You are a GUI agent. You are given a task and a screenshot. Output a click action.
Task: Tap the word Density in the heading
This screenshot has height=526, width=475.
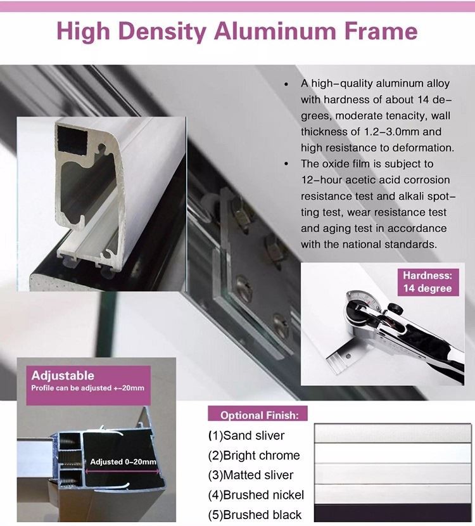162,32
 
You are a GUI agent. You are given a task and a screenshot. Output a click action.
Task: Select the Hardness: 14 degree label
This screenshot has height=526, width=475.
427,282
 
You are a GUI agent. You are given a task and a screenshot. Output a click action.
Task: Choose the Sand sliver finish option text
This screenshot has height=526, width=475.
246,435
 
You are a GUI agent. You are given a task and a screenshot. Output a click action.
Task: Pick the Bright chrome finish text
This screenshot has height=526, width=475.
254,455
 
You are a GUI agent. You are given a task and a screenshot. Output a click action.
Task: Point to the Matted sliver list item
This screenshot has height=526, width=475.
250,475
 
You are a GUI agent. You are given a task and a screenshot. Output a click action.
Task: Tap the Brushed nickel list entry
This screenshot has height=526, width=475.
256,495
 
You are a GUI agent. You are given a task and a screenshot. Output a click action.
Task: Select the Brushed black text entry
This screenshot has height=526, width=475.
255,515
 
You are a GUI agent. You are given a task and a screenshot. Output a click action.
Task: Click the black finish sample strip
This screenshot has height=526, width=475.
393,513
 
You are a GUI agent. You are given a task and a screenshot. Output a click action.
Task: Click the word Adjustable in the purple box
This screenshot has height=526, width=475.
63,375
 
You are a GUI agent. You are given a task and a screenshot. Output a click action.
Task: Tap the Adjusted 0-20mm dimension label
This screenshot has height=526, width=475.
123,462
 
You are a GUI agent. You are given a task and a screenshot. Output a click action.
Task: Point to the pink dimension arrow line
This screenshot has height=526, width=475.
122,471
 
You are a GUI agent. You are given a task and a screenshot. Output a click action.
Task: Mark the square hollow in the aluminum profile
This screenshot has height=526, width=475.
73,139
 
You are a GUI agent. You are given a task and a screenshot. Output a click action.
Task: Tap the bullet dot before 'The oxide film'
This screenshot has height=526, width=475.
286,164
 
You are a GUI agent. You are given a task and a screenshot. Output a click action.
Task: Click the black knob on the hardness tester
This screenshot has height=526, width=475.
394,308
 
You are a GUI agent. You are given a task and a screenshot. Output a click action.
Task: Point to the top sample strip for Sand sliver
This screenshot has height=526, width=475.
393,433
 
